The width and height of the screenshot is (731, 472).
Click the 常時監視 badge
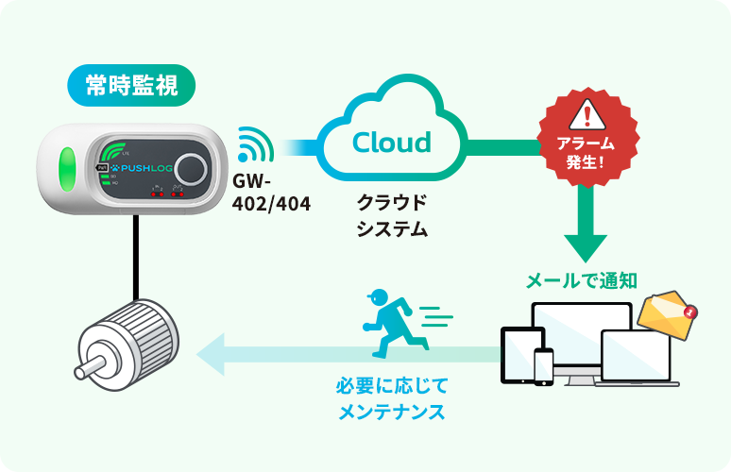point(131,86)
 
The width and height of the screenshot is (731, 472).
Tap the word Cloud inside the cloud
point(391,143)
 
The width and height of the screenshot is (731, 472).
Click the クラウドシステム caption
point(391,215)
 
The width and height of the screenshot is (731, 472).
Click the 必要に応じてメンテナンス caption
point(391,399)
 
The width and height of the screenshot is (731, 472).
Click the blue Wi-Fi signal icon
point(253,145)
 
